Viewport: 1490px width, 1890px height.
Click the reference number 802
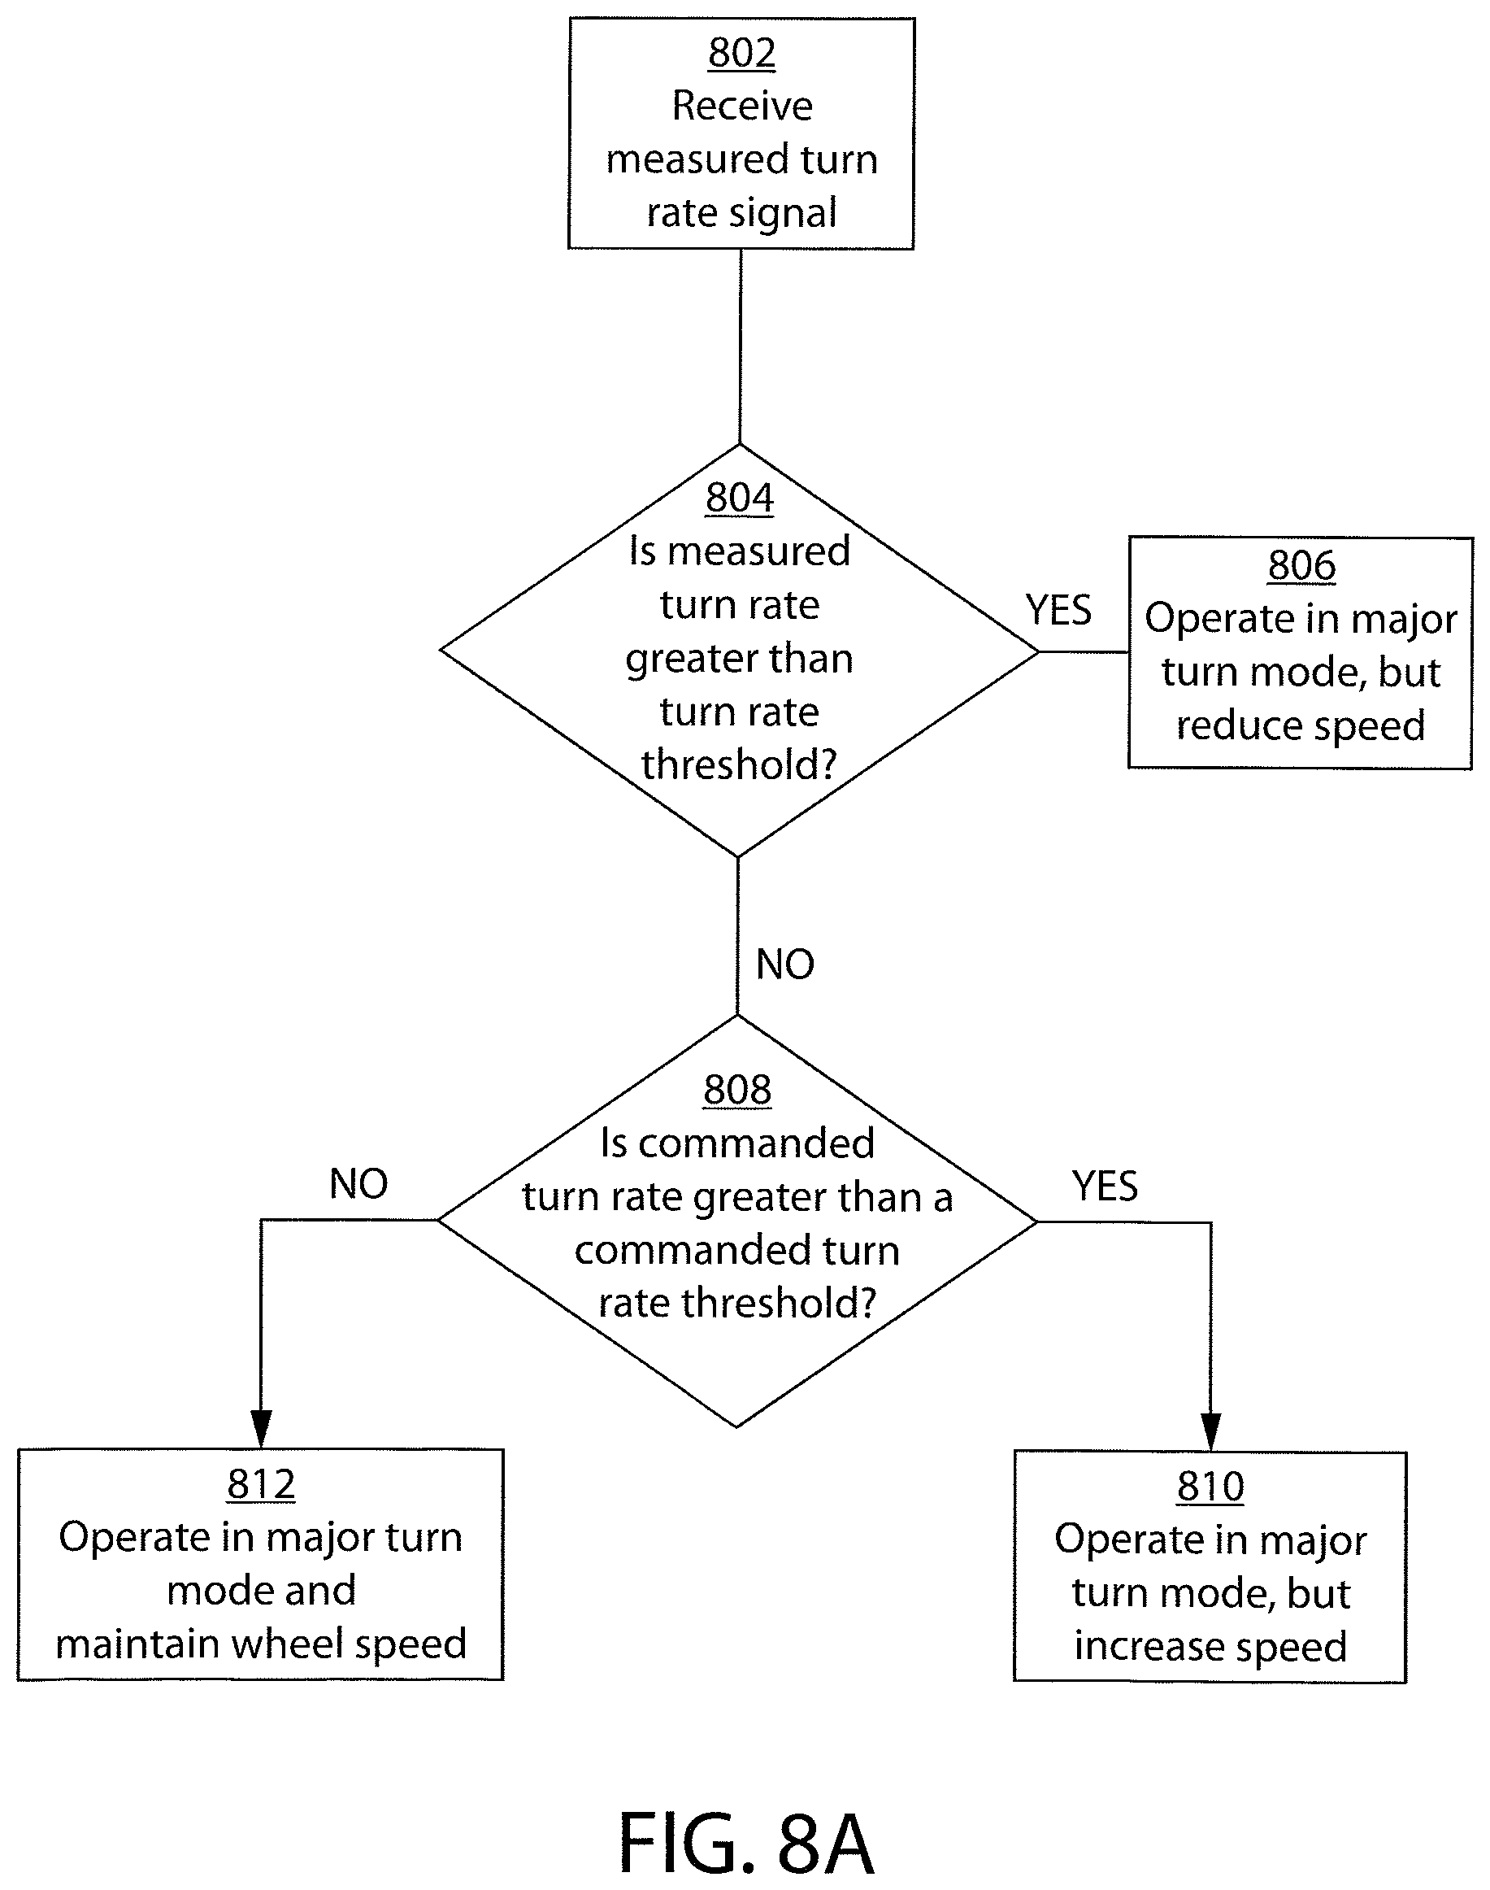click(x=741, y=53)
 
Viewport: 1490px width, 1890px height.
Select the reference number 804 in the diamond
click(x=740, y=499)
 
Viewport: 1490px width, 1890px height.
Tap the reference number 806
click(x=1301, y=565)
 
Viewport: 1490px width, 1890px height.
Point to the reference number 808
click(x=737, y=1090)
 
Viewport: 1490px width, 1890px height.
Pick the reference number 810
click(x=1210, y=1486)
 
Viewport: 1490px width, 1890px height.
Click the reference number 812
click(x=261, y=1484)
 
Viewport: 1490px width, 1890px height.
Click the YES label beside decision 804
click(x=1058, y=610)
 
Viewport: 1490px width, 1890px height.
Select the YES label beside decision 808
click(x=1106, y=1186)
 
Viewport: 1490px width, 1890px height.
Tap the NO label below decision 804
click(x=785, y=965)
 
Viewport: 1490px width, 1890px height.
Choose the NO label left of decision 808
click(x=358, y=1184)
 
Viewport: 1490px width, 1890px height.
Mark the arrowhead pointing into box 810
click(x=1211, y=1431)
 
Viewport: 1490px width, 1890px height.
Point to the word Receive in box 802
click(x=742, y=107)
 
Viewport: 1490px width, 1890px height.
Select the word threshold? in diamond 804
click(x=739, y=765)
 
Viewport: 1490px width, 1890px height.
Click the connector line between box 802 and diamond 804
click(x=741, y=347)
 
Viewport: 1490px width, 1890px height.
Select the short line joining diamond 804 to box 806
click(x=1084, y=651)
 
